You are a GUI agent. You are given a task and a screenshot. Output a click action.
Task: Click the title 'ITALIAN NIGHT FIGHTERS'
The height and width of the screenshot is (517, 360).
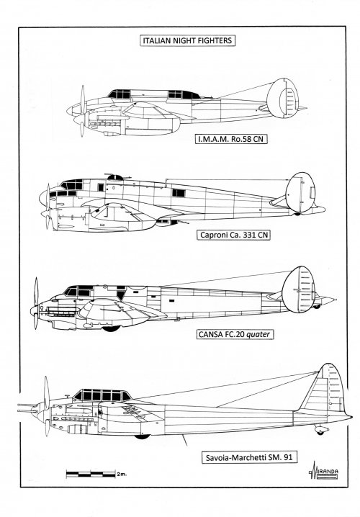(x=187, y=40)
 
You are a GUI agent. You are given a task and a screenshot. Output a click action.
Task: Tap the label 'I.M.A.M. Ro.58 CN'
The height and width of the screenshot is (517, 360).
(x=231, y=139)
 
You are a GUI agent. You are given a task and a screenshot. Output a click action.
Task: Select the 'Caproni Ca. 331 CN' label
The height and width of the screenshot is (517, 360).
(x=233, y=235)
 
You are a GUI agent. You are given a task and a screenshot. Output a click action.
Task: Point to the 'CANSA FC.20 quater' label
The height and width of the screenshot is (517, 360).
(x=235, y=334)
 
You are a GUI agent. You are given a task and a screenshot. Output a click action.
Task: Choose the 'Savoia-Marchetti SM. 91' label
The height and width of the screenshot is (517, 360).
(x=249, y=457)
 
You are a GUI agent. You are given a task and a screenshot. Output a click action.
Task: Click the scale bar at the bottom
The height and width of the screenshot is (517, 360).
(x=91, y=474)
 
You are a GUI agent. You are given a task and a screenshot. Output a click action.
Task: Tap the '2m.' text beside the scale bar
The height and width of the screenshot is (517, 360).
(x=121, y=475)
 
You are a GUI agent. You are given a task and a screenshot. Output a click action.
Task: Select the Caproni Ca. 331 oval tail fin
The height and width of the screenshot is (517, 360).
(x=300, y=192)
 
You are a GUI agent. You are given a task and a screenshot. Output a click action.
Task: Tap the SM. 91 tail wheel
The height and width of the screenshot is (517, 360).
(x=320, y=431)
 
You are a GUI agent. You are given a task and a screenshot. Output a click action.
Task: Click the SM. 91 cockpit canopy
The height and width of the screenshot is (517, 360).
(x=102, y=395)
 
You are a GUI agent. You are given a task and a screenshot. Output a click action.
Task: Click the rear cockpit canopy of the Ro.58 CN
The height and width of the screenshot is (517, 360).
(x=184, y=94)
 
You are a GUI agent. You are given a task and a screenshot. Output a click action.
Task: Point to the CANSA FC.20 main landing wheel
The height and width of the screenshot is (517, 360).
(x=111, y=328)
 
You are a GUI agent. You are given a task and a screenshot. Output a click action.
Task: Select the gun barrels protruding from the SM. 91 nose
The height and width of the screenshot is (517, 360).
(x=27, y=408)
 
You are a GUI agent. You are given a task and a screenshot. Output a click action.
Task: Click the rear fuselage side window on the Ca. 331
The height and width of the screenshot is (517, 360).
(x=179, y=193)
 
